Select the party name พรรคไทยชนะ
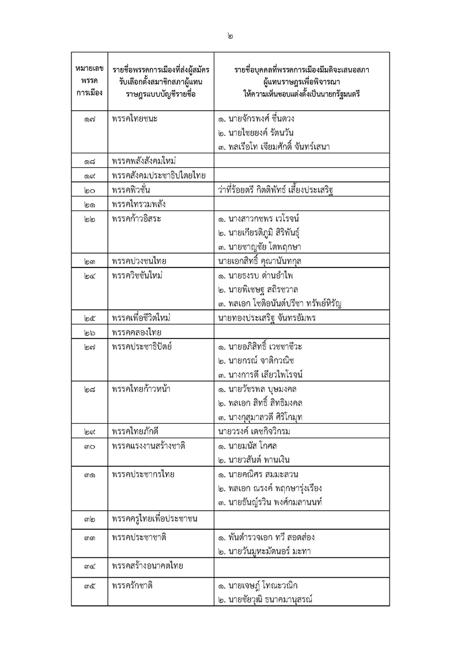point(135,119)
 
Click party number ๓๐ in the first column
point(89,445)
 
